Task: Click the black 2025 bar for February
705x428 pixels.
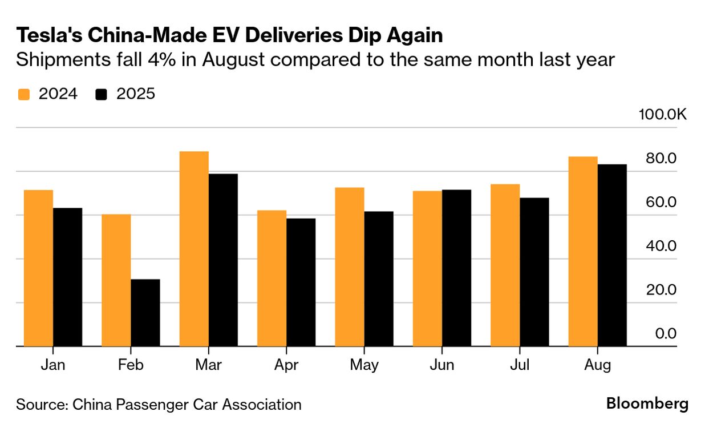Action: point(145,313)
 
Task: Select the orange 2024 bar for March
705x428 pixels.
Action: point(194,249)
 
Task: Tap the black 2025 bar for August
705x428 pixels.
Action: point(612,255)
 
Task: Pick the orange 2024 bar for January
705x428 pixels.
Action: point(38,268)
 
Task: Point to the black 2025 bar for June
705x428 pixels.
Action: point(456,268)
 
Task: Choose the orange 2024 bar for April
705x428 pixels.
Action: point(272,278)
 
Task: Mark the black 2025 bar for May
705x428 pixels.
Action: point(379,279)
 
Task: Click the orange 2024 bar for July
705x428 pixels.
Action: point(505,265)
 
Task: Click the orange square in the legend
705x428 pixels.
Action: point(23,95)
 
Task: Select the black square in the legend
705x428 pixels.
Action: point(102,95)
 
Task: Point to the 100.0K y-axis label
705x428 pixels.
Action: point(662,115)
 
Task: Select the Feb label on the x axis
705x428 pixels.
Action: point(131,365)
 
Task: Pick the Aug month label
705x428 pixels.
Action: point(597,365)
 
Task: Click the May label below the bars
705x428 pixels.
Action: point(364,365)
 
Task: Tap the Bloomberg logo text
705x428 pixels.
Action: point(647,404)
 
